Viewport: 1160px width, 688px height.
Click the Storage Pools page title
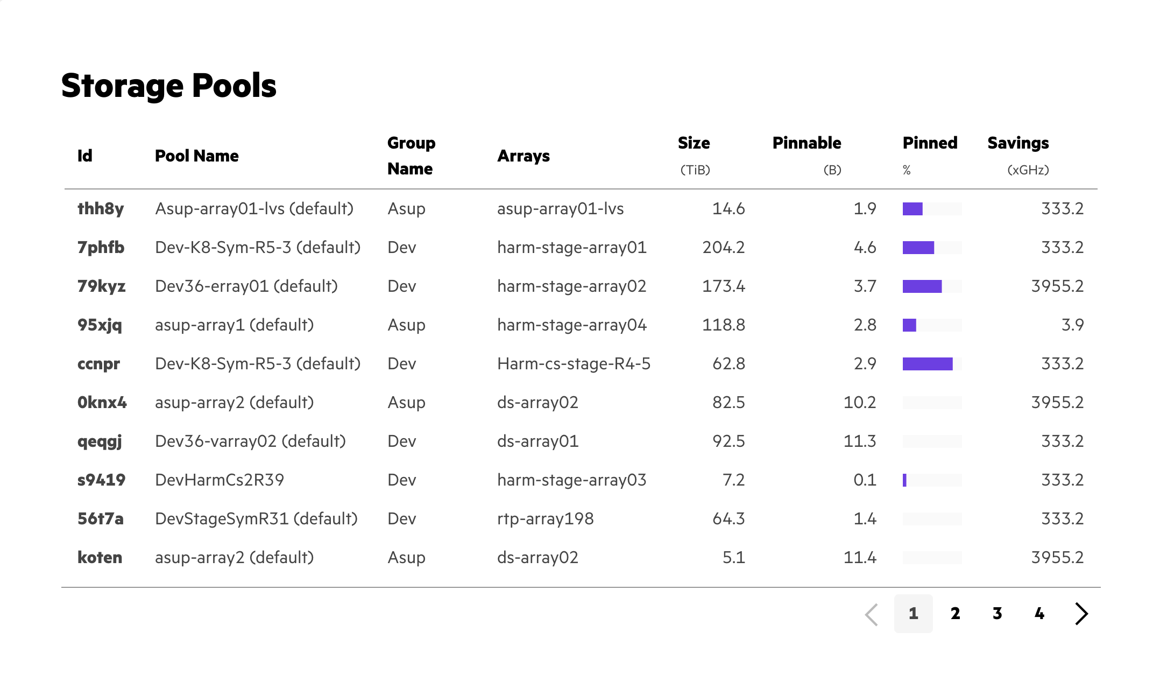click(169, 86)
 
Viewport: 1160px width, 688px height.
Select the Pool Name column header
click(196, 156)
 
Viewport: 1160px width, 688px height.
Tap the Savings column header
click(1018, 143)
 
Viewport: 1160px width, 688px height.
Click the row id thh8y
click(101, 209)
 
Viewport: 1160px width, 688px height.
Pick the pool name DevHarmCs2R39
click(220, 480)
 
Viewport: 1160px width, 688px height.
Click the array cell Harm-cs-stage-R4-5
click(574, 364)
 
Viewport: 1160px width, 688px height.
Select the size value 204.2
click(723, 248)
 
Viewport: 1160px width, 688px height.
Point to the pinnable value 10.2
click(859, 403)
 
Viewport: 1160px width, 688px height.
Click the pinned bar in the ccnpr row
click(932, 364)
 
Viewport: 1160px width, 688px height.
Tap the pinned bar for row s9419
click(932, 480)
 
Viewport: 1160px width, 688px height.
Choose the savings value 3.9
click(1072, 325)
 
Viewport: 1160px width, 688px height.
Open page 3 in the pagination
click(998, 614)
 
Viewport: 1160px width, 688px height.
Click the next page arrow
click(1081, 614)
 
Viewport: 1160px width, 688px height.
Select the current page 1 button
click(913, 614)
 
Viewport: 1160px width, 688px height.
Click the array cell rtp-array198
click(545, 519)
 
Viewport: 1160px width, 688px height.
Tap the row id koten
click(100, 558)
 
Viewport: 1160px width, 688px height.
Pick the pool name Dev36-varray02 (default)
click(250, 441)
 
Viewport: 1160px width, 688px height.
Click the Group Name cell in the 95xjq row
click(406, 325)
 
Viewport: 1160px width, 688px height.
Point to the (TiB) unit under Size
click(695, 171)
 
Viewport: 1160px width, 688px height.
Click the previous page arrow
click(872, 614)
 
